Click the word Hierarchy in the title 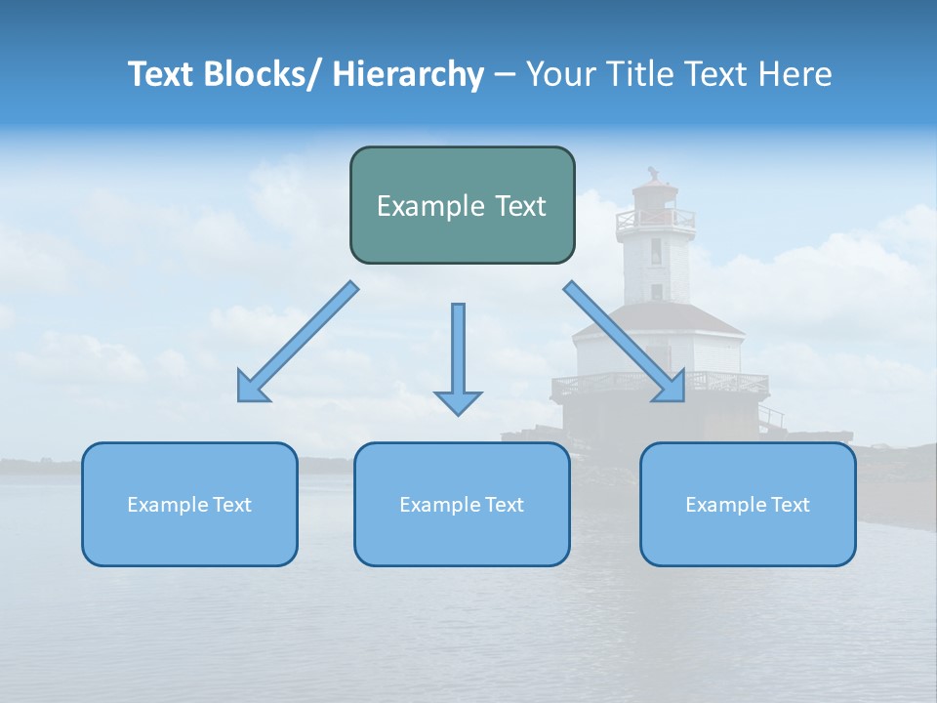tap(408, 74)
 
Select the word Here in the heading tap(796, 74)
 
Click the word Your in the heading tap(558, 74)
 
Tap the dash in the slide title tap(504, 74)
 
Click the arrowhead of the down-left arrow tap(251, 389)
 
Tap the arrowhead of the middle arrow tap(458, 401)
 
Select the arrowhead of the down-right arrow tap(671, 388)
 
